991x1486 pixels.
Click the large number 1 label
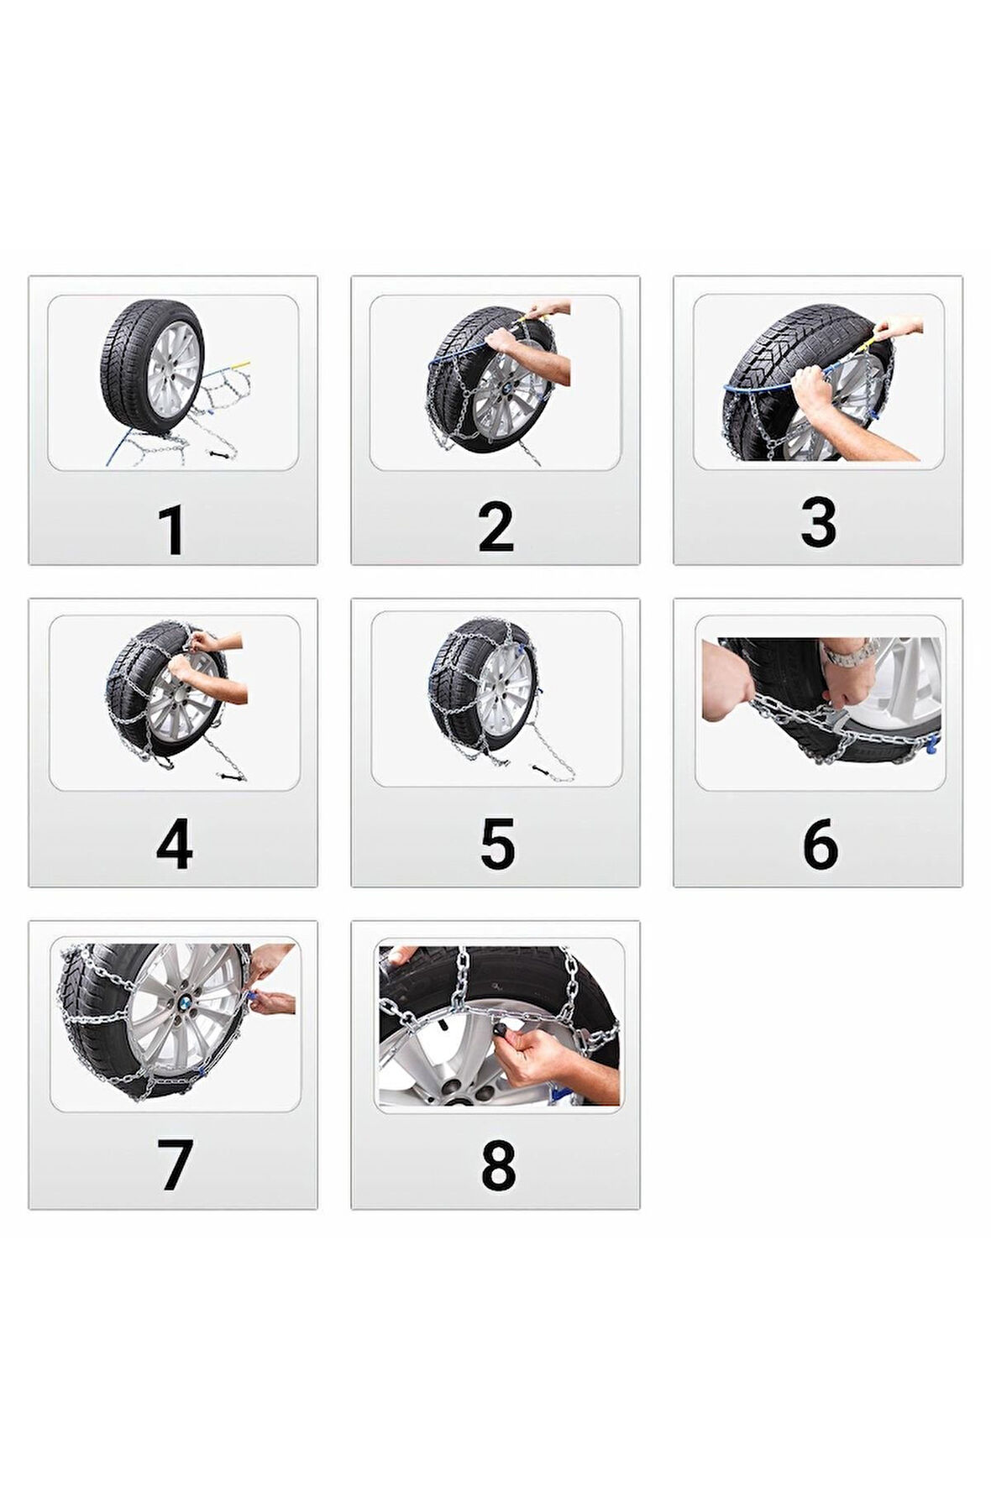[x=171, y=530]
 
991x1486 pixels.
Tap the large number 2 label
[x=495, y=527]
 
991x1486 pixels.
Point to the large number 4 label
[x=174, y=845]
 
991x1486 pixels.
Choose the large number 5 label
[x=496, y=845]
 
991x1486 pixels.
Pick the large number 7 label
[x=175, y=1164]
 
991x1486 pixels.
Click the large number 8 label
[x=497, y=1165]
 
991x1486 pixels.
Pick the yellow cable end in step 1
[x=243, y=364]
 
